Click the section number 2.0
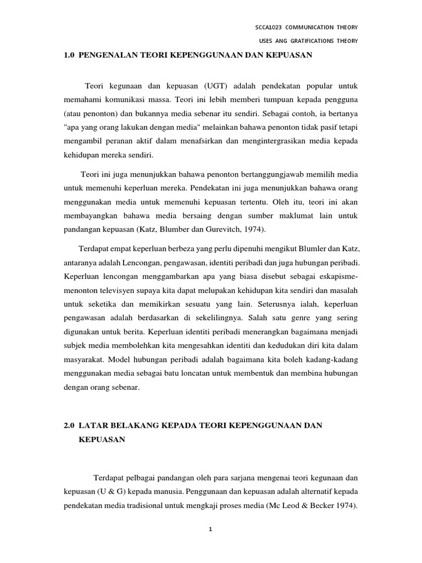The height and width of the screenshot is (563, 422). (69, 426)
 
